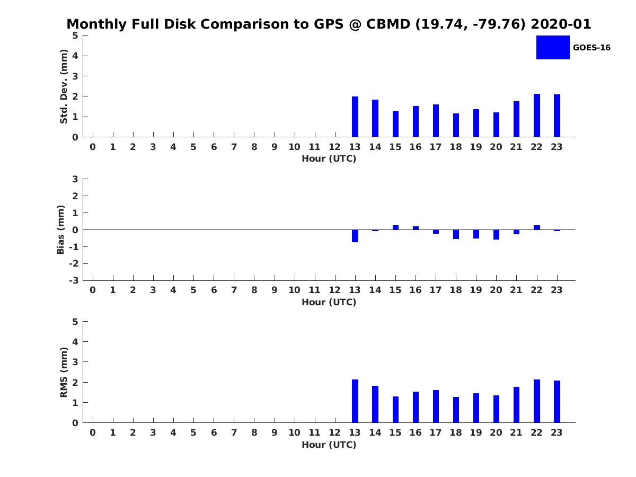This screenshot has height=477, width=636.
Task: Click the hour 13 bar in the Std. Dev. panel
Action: (355, 117)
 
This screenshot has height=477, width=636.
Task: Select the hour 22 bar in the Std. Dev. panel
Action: (537, 116)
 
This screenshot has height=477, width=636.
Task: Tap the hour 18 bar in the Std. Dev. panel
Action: (456, 125)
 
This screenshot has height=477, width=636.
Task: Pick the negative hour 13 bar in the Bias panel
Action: (355, 236)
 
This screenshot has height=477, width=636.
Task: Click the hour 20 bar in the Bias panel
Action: (496, 234)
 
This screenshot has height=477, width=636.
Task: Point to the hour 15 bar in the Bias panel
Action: (395, 227)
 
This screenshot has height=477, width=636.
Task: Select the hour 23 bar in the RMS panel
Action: (557, 402)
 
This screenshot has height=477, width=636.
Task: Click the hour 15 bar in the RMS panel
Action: (395, 410)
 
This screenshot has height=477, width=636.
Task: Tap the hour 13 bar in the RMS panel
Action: (355, 401)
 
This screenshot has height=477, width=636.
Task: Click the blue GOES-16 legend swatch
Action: (553, 47)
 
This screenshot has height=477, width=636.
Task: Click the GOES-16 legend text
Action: (591, 48)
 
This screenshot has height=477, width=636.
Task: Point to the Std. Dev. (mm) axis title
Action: (64, 86)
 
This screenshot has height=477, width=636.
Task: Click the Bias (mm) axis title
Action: (61, 229)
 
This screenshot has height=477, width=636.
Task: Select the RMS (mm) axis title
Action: (64, 372)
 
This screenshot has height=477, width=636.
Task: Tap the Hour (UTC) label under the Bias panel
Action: (329, 302)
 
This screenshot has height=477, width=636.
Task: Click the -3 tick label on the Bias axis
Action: (74, 280)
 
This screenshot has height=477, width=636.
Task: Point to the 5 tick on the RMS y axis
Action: (75, 322)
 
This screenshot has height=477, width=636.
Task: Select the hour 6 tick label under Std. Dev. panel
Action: (214, 147)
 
